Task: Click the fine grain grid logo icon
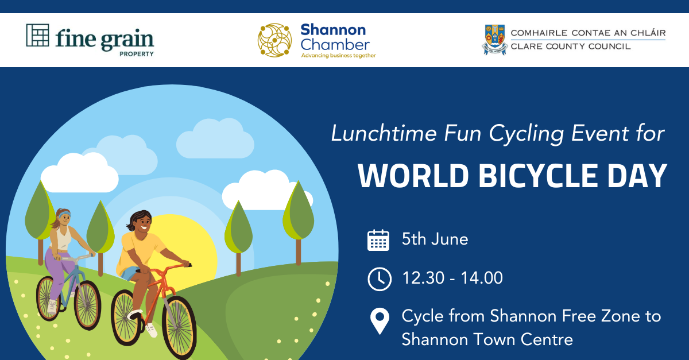[37, 35]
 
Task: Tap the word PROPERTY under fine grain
[137, 54]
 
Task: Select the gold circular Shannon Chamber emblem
[274, 40]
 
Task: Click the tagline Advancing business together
[338, 56]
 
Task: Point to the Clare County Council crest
[494, 40]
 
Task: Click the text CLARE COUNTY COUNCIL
[571, 47]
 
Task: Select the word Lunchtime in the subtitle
[384, 134]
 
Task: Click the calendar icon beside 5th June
[378, 240]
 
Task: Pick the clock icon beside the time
[380, 279]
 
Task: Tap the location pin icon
[380, 321]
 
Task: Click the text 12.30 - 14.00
[452, 278]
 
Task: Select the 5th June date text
[435, 239]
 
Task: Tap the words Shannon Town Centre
[487, 340]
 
